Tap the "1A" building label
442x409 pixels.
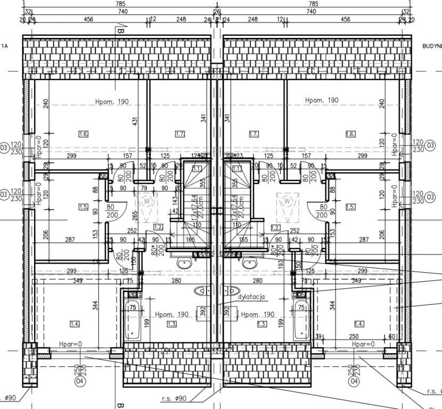tap(5, 47)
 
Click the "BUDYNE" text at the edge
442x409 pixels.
tap(431, 47)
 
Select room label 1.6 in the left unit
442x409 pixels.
tap(83, 134)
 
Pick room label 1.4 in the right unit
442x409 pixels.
tap(359, 324)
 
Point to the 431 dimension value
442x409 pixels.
tap(136, 122)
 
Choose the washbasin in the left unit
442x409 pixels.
tap(184, 263)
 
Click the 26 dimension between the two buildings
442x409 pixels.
tap(217, 11)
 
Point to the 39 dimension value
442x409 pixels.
tap(319, 336)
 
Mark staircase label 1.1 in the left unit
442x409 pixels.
tap(197, 169)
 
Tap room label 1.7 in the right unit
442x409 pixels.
tap(253, 134)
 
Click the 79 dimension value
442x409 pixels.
tap(143, 188)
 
